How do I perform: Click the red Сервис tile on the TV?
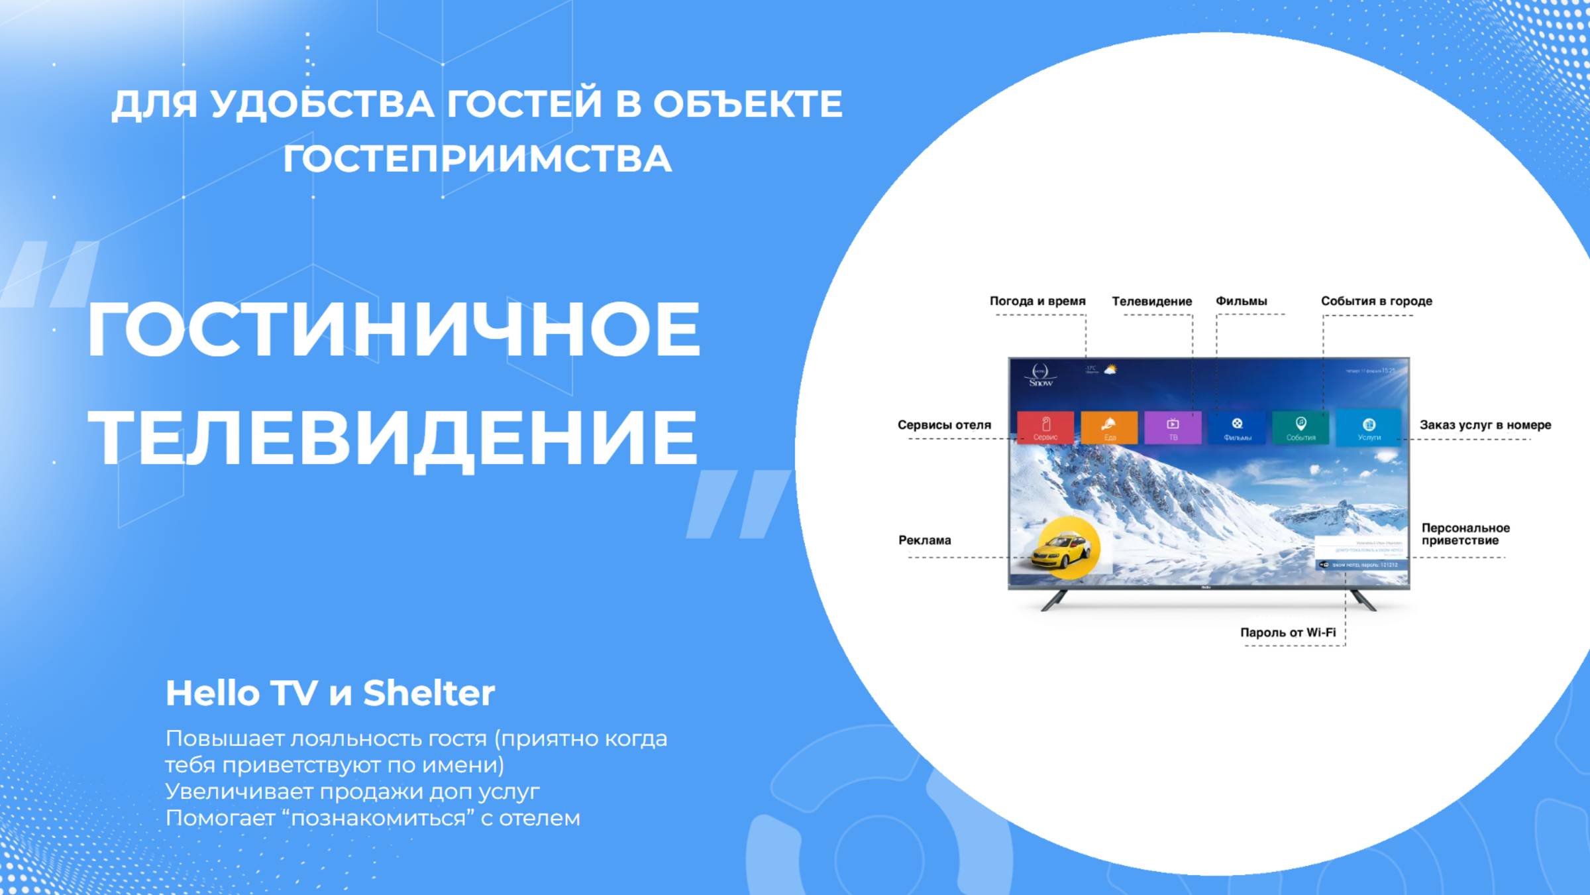click(1045, 428)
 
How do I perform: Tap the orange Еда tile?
click(1109, 428)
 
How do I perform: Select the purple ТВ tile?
click(1173, 428)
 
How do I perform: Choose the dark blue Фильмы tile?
click(1237, 428)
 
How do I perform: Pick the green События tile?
click(1300, 428)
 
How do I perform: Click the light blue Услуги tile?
click(1369, 428)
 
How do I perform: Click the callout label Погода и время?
click(1037, 301)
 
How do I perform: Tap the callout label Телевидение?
click(1151, 301)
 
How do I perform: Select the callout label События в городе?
click(1376, 301)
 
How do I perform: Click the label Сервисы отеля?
click(944, 425)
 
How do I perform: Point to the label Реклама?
click(924, 540)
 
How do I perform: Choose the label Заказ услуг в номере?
click(1485, 425)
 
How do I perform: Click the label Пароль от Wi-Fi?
click(1287, 632)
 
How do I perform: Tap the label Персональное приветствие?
click(1465, 534)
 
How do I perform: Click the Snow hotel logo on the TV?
click(1040, 375)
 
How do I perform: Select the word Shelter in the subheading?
click(429, 693)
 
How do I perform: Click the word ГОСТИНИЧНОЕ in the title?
click(394, 329)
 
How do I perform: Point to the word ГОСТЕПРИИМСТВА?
click(477, 159)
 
